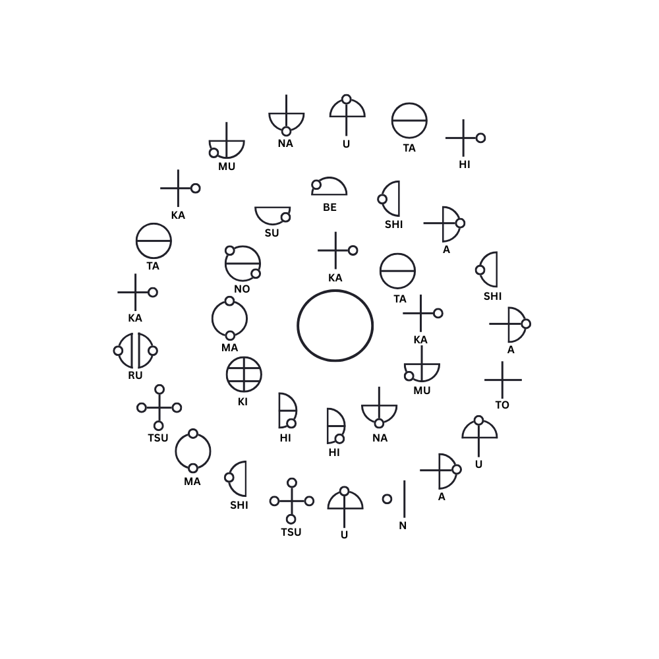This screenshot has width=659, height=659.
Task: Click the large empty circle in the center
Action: (298, 326)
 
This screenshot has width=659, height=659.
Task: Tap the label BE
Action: (330, 207)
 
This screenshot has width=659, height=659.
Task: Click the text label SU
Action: (272, 233)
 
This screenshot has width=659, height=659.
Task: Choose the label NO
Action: (242, 289)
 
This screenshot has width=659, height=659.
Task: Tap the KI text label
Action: (243, 402)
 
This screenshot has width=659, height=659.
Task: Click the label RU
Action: (135, 376)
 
